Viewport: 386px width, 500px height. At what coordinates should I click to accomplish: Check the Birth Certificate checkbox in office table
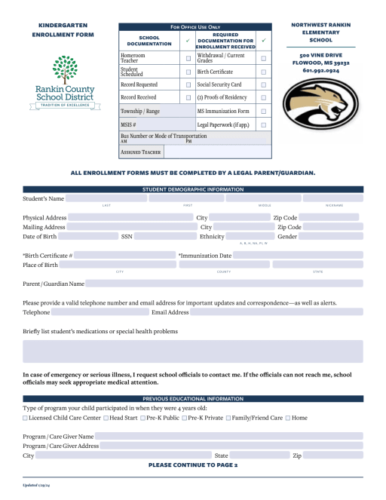tap(263, 72)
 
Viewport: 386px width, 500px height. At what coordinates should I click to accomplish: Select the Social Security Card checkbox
tap(263, 84)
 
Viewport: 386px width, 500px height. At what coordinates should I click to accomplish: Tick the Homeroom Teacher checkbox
tap(188, 58)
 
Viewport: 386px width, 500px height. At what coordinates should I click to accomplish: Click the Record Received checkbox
tap(188, 97)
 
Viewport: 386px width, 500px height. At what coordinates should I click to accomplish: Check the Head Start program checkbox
tap(106, 418)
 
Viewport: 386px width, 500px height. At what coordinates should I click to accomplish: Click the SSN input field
tap(165, 237)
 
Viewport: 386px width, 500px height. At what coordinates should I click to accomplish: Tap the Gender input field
tap(331, 237)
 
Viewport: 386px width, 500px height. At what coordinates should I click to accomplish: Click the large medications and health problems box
tap(192, 351)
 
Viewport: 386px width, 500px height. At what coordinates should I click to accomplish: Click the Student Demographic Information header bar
tap(192, 189)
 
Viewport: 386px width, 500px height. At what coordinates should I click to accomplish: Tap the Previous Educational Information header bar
tap(192, 398)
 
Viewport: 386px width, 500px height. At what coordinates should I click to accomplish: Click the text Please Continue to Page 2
tap(193, 465)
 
